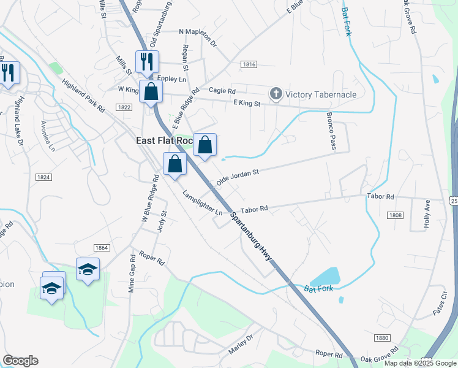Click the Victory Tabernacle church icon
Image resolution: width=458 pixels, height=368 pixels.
pos(276,94)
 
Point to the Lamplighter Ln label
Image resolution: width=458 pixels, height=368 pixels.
pos(203,203)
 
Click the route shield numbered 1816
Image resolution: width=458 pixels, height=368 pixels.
pos(249,64)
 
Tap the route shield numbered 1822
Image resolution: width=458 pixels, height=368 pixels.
pos(124,107)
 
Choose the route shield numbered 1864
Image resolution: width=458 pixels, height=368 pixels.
pos(102,247)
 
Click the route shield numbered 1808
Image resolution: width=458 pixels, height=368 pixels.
pos(396,215)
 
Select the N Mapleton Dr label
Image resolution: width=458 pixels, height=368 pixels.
pos(198,38)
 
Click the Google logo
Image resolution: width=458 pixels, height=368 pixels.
pos(20,361)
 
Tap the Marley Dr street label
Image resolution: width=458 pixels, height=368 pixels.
pos(241,348)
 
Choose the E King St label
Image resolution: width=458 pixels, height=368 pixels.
pos(242,104)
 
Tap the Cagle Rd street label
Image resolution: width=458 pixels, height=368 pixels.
pos(222,90)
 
